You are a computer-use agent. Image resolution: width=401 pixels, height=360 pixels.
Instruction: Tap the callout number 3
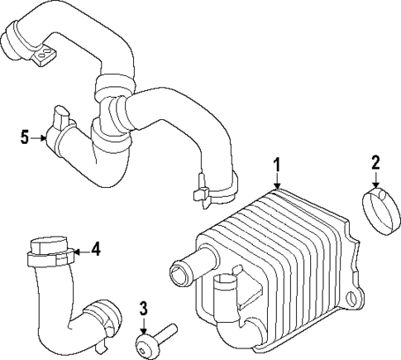click(x=143, y=310)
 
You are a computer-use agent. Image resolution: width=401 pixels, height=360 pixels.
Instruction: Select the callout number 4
click(x=96, y=247)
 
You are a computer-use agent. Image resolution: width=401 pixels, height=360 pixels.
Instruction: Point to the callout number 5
click(x=25, y=137)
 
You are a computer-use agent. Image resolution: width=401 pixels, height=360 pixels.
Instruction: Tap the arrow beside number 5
click(x=41, y=137)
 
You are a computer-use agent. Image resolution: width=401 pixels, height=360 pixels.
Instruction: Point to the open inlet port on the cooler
click(x=179, y=273)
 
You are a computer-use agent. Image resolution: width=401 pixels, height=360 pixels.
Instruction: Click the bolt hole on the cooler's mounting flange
click(x=357, y=294)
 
